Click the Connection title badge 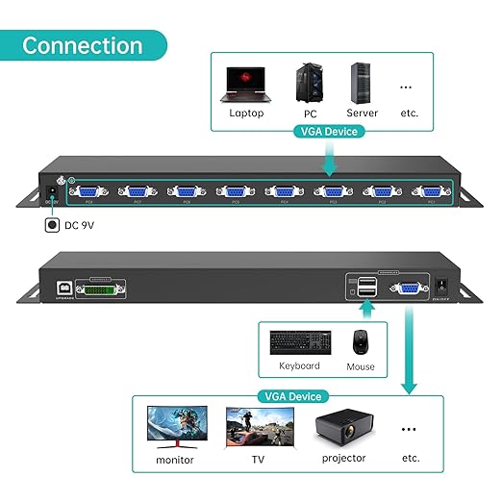point(83,45)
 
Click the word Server point(363,113)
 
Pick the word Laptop point(246,113)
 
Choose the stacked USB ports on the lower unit point(365,287)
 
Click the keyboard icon point(299,341)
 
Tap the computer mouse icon point(360,341)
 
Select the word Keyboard point(299,366)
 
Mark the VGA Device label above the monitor point(290,396)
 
